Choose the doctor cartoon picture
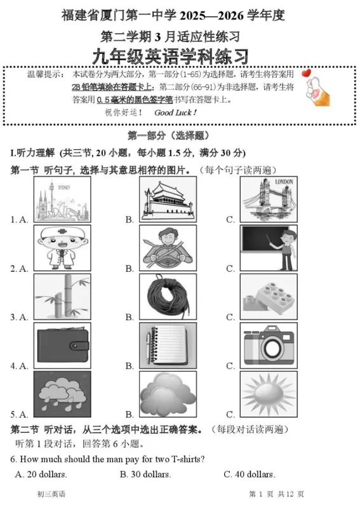[62, 248]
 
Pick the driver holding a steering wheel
[168, 248]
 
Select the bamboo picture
[62, 296]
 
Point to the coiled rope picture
[168, 296]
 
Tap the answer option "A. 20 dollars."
[41, 474]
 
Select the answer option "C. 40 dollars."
[250, 474]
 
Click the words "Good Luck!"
[176, 112]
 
